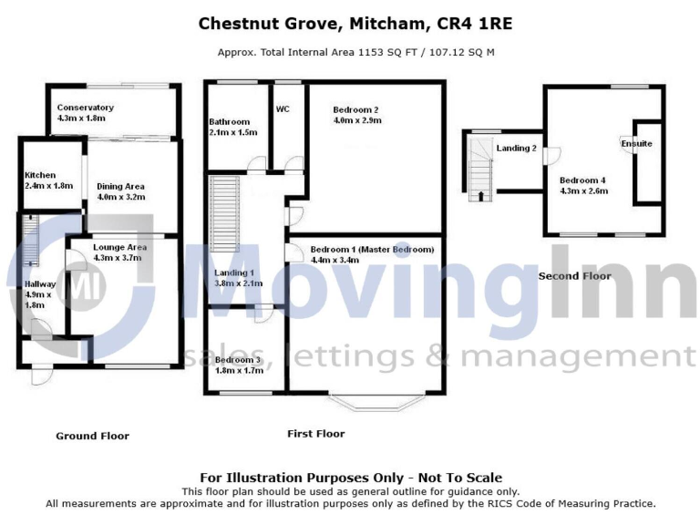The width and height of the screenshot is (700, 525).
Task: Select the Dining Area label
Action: pos(120,186)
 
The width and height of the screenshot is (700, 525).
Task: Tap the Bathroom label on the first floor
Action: pos(229,121)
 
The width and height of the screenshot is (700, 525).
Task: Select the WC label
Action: pos(283,108)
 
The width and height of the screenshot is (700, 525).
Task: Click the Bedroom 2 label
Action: pos(356,109)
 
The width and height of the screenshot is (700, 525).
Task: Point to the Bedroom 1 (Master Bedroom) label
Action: pos(372,249)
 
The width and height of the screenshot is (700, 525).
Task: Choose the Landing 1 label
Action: pos(234,273)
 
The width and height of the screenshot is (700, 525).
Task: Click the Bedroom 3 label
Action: pos(238,360)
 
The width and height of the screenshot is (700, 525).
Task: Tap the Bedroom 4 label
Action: pos(582,180)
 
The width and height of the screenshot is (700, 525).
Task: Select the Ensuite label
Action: pos(636,144)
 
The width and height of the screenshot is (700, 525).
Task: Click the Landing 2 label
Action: pos(516,148)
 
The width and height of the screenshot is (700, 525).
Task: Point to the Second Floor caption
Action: pos(574,275)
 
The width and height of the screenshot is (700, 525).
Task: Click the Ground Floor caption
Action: pos(92,436)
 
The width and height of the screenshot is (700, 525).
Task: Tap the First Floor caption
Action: pos(315,433)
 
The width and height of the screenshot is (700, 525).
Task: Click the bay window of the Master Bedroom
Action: pos(376,399)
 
